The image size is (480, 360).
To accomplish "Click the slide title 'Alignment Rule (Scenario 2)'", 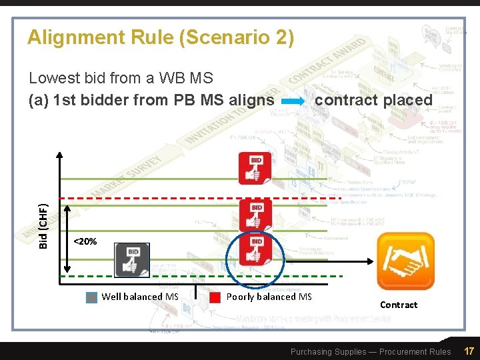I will tap(160, 38).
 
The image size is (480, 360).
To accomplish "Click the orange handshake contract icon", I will tap(405, 261).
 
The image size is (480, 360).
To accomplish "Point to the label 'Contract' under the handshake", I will tap(399, 305).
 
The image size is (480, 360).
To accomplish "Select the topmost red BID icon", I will tap(255, 168).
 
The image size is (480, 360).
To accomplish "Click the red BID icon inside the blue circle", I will tap(256, 249).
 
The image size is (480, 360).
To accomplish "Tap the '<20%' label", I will tap(85, 241).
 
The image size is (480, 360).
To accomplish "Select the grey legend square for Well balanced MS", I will tap(92, 297).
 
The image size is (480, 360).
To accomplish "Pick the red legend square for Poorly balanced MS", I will tap(215, 297).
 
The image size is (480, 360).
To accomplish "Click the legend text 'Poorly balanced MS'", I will tap(269, 297).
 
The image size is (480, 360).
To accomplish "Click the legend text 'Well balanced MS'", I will tap(140, 297).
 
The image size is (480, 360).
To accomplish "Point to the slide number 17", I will tap(469, 351).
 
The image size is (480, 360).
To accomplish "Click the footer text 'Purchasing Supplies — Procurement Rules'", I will tap(371, 351).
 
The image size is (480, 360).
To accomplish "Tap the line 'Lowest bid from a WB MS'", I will tap(121, 78).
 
